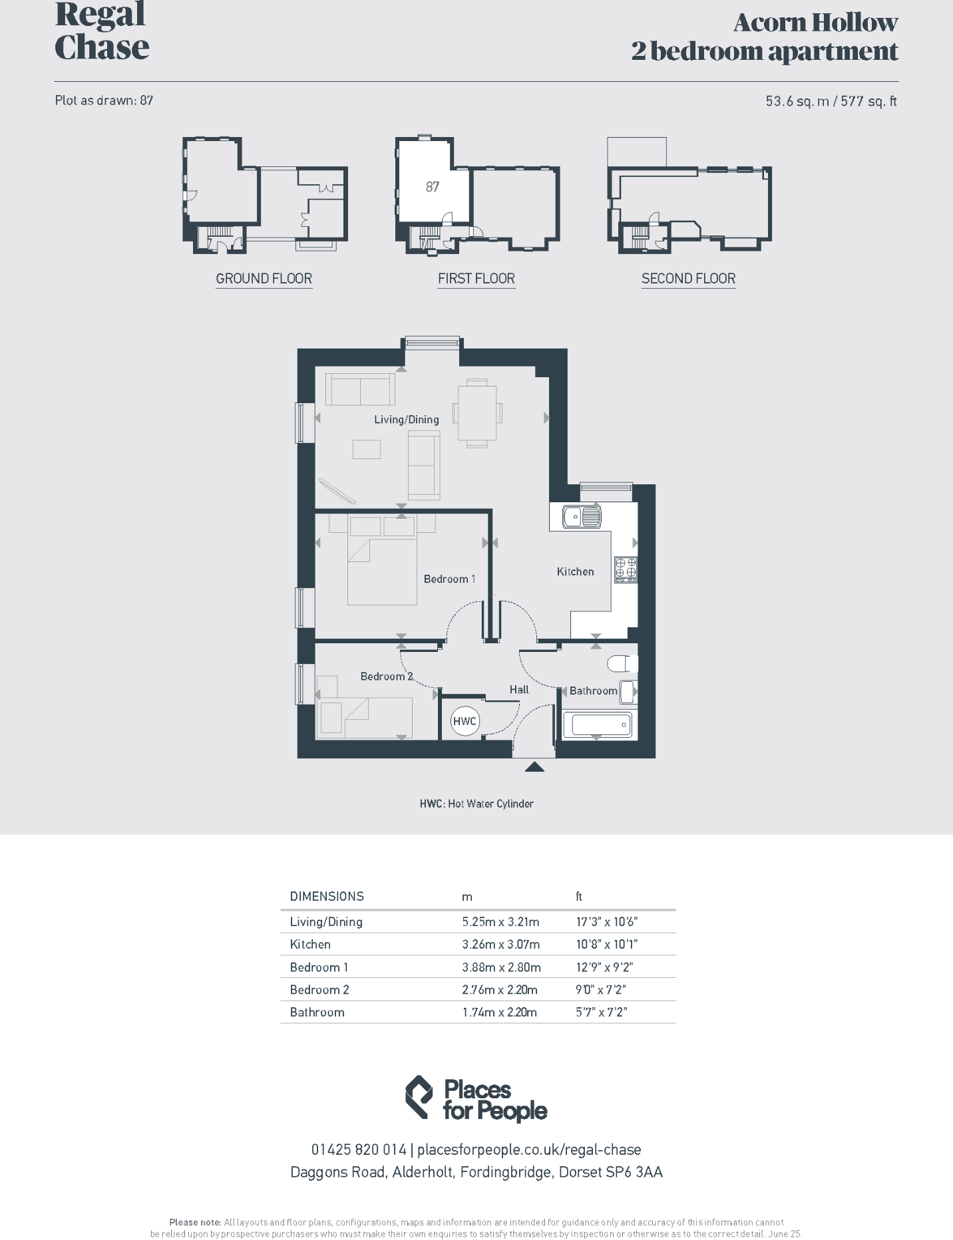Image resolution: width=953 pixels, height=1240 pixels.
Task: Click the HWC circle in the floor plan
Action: (465, 721)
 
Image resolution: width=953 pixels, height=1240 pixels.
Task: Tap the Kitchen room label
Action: (575, 571)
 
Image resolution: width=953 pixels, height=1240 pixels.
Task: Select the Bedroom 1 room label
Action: (449, 579)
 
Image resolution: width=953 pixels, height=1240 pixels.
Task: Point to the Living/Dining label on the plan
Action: (406, 420)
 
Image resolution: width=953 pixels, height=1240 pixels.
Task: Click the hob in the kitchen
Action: (626, 569)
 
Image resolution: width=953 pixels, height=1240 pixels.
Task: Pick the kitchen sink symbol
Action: (582, 516)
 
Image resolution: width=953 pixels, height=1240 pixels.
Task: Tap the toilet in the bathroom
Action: (622, 663)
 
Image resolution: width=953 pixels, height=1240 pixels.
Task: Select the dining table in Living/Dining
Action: (476, 412)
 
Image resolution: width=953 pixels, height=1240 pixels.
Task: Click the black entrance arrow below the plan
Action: (534, 767)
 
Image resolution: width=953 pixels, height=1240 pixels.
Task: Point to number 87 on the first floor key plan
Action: (433, 187)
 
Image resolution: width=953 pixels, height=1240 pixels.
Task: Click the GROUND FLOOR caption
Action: (264, 279)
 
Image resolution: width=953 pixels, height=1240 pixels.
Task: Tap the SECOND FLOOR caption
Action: (688, 279)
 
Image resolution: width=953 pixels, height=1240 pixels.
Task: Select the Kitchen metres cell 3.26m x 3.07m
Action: (501, 944)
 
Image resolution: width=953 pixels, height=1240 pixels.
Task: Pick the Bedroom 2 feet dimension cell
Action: (600, 989)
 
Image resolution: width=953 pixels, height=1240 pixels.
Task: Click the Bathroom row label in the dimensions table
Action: (317, 1012)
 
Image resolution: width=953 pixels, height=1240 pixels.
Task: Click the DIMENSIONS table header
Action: (327, 896)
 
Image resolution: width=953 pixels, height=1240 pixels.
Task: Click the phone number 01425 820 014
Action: (359, 1150)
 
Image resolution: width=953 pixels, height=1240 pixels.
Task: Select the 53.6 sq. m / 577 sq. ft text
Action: (831, 101)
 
